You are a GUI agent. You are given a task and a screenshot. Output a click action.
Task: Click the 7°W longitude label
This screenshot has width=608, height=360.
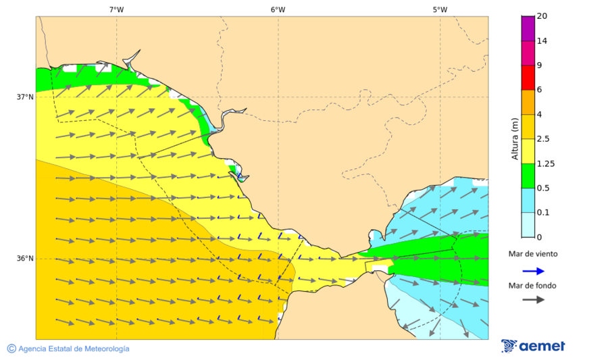tap(116, 9)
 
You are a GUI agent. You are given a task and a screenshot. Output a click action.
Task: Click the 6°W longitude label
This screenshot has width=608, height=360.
tap(278, 9)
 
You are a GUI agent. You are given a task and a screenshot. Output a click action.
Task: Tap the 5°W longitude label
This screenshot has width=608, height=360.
tap(440, 9)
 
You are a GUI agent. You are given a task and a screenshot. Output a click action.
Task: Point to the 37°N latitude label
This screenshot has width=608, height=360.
tap(25, 97)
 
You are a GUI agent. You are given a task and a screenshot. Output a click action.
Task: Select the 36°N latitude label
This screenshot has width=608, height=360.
tap(25, 259)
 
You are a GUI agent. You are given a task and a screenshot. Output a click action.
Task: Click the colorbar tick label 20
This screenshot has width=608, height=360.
tap(541, 16)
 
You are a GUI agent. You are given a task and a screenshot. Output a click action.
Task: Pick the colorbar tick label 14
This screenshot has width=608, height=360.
tap(541, 41)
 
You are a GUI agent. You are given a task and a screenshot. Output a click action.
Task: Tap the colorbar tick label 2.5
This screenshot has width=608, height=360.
tap(542, 139)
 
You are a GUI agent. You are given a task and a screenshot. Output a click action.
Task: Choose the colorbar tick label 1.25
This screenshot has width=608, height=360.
tap(544, 163)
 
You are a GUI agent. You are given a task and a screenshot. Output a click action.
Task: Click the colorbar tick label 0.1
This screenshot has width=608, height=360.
tap(542, 213)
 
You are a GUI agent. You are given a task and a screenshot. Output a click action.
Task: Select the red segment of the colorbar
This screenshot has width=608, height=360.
tap(528, 77)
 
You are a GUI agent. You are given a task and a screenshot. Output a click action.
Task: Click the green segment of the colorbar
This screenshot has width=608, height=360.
tap(528, 176)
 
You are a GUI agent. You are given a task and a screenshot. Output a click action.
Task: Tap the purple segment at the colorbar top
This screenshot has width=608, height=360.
tap(528, 28)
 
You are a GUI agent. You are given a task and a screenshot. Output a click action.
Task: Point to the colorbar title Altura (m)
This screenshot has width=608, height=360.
tap(515, 138)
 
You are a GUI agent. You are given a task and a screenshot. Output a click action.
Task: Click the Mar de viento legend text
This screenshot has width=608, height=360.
tap(533, 254)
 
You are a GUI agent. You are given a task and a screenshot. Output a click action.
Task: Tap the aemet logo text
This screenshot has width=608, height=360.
tap(542, 346)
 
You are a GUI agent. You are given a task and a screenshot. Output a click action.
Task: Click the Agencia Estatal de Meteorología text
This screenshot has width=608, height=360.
tap(74, 349)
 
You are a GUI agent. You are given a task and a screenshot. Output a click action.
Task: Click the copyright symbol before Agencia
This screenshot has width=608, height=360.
tap(11, 349)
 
